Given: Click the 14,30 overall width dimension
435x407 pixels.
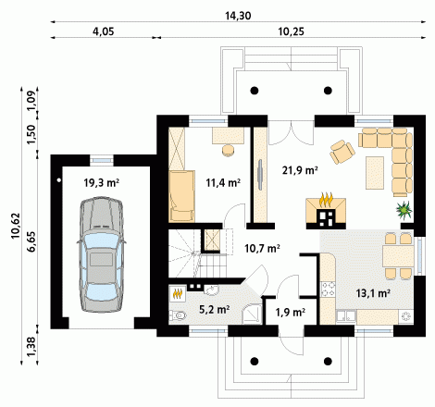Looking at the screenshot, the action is (238, 16).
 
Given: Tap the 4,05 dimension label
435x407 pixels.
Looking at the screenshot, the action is (104, 31).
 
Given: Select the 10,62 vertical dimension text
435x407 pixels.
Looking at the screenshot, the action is (16, 226).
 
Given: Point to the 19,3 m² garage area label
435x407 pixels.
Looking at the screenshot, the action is (102, 183).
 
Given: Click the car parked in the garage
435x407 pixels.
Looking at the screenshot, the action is (102, 255).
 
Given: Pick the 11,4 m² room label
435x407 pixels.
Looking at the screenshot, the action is (223, 183).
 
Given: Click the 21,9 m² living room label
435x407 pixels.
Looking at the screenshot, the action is (300, 170).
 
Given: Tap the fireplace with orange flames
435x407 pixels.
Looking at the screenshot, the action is (326, 211).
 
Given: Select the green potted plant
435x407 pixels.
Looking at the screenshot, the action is (404, 210).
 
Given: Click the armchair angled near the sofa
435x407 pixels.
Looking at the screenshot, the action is (342, 152).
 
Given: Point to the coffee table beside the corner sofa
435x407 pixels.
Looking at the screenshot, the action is (375, 173).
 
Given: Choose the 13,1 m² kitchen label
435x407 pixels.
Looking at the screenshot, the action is (373, 293).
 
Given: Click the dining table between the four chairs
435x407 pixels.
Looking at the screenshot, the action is (398, 256).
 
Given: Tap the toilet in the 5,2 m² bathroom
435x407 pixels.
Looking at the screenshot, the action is (178, 315).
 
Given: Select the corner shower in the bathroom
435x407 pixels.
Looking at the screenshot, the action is (252, 314).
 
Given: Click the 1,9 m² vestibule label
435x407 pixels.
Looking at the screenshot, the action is (291, 313).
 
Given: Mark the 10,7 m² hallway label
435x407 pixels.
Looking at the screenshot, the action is (262, 248).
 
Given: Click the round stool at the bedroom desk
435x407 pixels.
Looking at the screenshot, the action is (228, 150).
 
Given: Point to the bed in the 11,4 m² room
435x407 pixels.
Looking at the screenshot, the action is (182, 196).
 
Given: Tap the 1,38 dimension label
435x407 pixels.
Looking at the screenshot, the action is (31, 346).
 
